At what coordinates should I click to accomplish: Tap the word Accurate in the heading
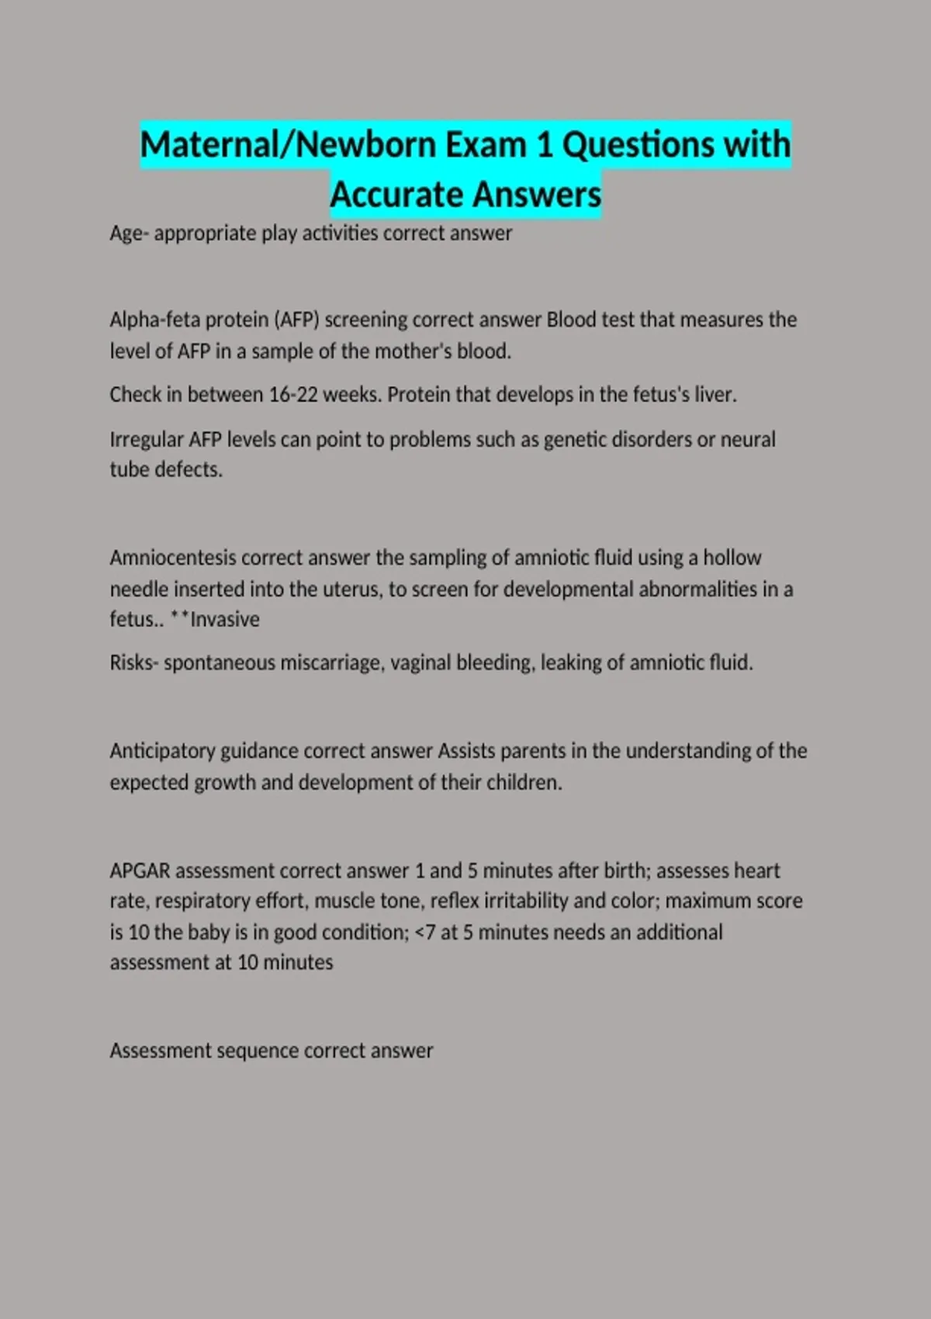(x=396, y=195)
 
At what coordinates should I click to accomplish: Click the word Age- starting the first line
(x=129, y=234)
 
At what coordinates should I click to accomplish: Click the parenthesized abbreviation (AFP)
(x=297, y=320)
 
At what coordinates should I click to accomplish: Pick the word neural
(x=748, y=440)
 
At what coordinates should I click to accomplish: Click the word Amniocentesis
(x=172, y=558)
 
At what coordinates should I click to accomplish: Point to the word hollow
(x=732, y=558)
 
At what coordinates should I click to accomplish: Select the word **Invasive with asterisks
(x=215, y=619)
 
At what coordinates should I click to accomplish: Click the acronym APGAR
(x=140, y=871)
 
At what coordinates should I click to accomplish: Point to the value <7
(x=425, y=933)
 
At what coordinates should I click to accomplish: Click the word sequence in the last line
(x=258, y=1051)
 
